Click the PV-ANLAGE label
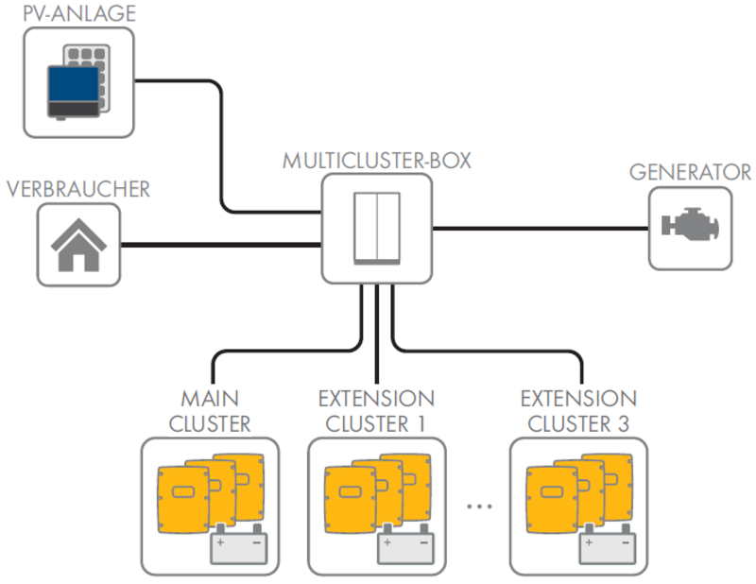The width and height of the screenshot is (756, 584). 65,13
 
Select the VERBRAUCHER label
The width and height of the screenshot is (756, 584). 78,189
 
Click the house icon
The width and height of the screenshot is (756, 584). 79,246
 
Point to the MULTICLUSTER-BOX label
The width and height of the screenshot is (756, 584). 377,160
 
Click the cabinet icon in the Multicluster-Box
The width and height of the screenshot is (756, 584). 377,228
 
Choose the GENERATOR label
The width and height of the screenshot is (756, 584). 690,173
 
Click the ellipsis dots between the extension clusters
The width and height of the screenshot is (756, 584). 479,507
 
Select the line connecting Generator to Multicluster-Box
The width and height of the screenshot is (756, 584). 539,228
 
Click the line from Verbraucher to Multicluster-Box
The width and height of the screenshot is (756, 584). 222,246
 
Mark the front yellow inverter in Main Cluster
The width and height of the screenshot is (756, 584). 184,494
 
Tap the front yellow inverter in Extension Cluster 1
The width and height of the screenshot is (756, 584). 351,494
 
